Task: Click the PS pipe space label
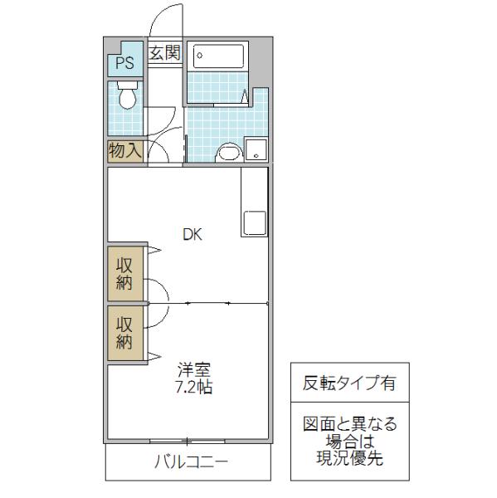(x=124, y=62)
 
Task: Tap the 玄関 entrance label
(x=165, y=53)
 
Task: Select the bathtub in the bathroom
(x=218, y=56)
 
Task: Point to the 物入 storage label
(x=124, y=150)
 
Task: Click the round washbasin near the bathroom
(x=230, y=153)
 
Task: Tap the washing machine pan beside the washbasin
(x=256, y=149)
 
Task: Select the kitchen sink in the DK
(x=255, y=223)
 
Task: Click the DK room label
(x=192, y=234)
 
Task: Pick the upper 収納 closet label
(x=124, y=273)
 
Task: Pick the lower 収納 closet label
(x=124, y=333)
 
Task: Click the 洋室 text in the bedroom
(x=193, y=369)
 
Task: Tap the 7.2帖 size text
(x=194, y=387)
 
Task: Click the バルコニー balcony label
(x=191, y=461)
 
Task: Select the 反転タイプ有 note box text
(x=349, y=383)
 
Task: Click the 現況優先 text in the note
(x=349, y=457)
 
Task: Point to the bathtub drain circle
(x=199, y=56)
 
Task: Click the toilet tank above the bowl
(x=127, y=85)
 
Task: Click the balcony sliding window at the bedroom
(x=188, y=442)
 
